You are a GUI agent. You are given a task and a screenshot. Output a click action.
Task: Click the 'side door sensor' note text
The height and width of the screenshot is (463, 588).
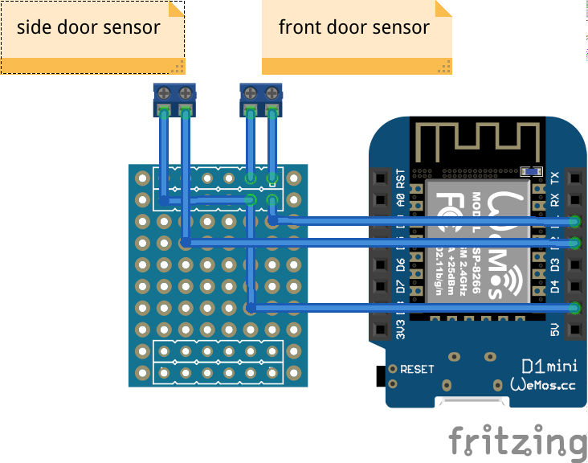[88, 27]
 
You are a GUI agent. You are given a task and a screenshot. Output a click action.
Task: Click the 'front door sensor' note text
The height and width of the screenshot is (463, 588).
[353, 27]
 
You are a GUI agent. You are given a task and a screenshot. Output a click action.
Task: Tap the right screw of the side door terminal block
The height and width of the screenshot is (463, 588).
[186, 91]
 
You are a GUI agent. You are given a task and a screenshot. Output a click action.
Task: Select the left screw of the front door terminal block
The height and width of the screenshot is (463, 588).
[251, 91]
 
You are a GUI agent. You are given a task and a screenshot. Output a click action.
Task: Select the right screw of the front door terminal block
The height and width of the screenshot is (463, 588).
[272, 91]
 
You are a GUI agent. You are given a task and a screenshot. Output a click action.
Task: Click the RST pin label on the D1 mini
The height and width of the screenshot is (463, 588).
[401, 178]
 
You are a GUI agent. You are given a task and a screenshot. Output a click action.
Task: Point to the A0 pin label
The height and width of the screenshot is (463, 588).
[401, 201]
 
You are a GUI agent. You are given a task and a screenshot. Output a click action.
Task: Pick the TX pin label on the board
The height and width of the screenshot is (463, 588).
[554, 178]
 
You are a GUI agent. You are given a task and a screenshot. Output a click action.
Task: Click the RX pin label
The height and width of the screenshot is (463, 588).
[554, 200]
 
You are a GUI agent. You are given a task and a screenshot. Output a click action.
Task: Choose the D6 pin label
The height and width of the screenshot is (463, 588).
[401, 264]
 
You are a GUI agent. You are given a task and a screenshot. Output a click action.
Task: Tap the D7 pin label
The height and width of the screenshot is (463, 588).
[401, 285]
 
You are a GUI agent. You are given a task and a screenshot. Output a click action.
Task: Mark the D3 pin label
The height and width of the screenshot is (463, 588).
[554, 264]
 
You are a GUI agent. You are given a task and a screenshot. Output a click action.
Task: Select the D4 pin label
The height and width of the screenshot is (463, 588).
[554, 285]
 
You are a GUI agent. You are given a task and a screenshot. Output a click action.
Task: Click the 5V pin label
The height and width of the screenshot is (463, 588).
[554, 329]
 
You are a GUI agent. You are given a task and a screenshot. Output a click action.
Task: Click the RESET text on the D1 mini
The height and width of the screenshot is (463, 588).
[418, 370]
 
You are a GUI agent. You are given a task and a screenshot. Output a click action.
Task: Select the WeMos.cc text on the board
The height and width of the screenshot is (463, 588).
[544, 386]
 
